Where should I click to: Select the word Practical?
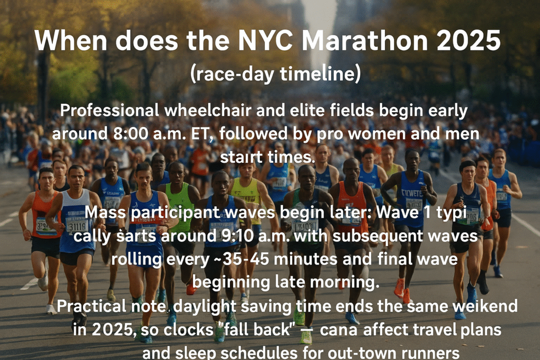click(91, 306)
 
